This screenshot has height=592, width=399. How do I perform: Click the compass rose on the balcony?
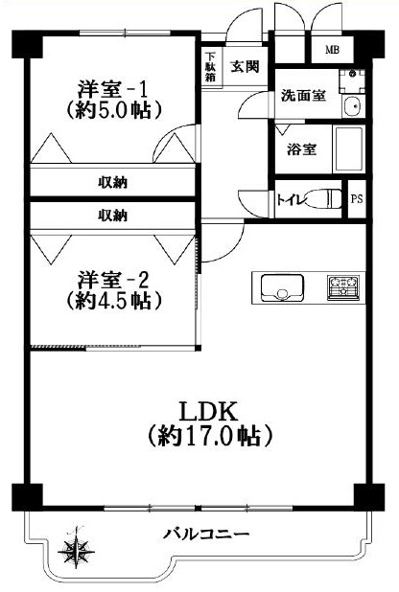click(x=77, y=549)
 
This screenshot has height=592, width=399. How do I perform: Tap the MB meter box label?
click(x=333, y=50)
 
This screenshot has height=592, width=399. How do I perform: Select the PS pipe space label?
click(x=357, y=198)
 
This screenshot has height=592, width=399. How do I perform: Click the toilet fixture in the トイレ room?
click(x=322, y=199)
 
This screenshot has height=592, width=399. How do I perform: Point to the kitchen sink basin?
click(x=282, y=287)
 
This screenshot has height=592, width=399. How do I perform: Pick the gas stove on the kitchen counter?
click(x=343, y=288)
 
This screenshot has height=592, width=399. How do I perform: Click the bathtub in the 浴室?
click(x=347, y=149)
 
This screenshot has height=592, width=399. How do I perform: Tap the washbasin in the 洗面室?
click(x=353, y=106)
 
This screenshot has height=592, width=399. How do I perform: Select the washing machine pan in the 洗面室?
click(x=352, y=81)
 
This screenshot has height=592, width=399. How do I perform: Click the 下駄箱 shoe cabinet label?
click(x=211, y=67)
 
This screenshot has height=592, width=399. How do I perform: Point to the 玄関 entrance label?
click(x=246, y=66)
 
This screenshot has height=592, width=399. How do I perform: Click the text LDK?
click(x=209, y=411)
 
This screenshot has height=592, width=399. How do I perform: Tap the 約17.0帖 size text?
click(x=209, y=436)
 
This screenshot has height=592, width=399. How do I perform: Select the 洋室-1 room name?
click(x=113, y=89)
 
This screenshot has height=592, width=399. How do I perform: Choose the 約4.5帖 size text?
click(x=114, y=301)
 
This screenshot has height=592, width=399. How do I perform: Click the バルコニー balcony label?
click(x=206, y=535)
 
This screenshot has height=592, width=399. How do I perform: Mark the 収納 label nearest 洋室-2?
click(x=113, y=216)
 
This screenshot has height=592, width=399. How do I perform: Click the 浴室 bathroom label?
click(x=301, y=149)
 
